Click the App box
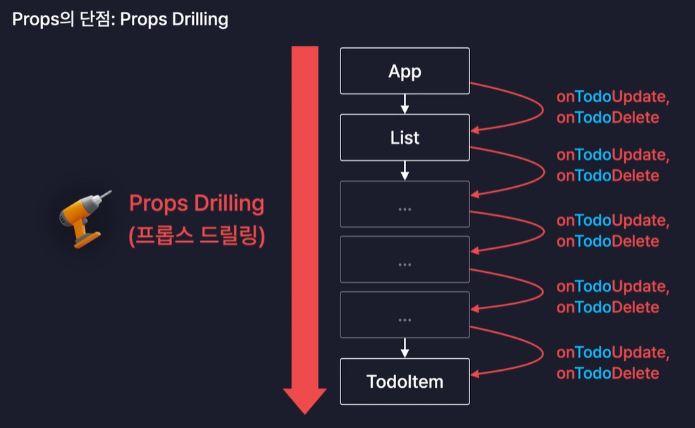405,71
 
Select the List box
405,137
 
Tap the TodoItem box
405,381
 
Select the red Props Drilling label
197,204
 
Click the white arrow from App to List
405,104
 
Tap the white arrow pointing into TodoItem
405,347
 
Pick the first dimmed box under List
405,204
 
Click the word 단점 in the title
95,18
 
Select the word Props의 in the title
41,18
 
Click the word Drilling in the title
198,18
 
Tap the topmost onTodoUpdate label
612,98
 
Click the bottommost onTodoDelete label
608,373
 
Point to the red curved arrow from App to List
539,106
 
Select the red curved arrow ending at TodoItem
539,357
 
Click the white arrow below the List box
405,170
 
